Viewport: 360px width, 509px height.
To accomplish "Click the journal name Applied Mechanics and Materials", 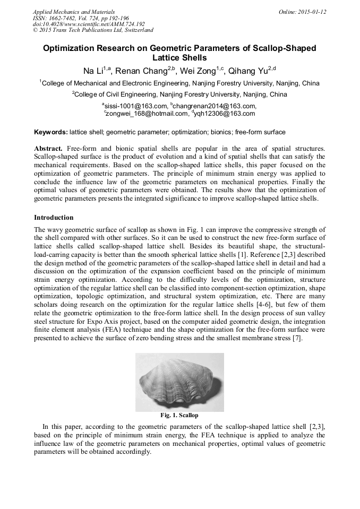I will pos(74,12).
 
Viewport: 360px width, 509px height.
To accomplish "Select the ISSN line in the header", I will pos(81,18).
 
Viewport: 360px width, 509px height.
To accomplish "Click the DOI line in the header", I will pos(89,24).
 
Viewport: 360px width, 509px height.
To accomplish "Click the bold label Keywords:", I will pos(51,132).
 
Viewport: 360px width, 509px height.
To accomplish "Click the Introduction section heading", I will pos(54,218).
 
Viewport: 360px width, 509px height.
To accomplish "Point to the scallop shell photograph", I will pos(179,382).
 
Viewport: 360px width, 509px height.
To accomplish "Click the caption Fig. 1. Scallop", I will pos(179,415).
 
